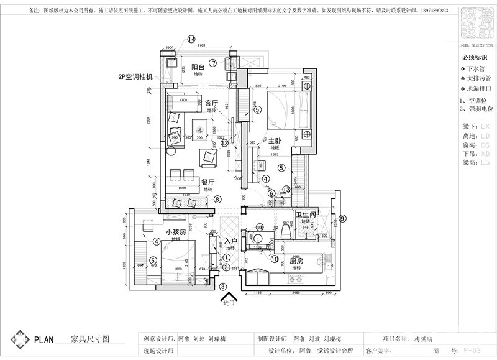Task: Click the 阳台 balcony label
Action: (199, 67)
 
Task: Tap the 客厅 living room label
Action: (211, 103)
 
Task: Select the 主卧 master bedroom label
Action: (276, 142)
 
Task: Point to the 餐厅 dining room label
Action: (208, 182)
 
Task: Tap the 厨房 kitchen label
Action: (296, 262)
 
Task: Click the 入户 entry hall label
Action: (230, 241)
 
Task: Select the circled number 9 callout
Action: (342, 218)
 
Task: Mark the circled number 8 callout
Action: (217, 200)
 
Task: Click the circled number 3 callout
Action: (222, 287)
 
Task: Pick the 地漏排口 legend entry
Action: (478, 88)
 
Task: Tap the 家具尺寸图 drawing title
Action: (90, 339)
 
